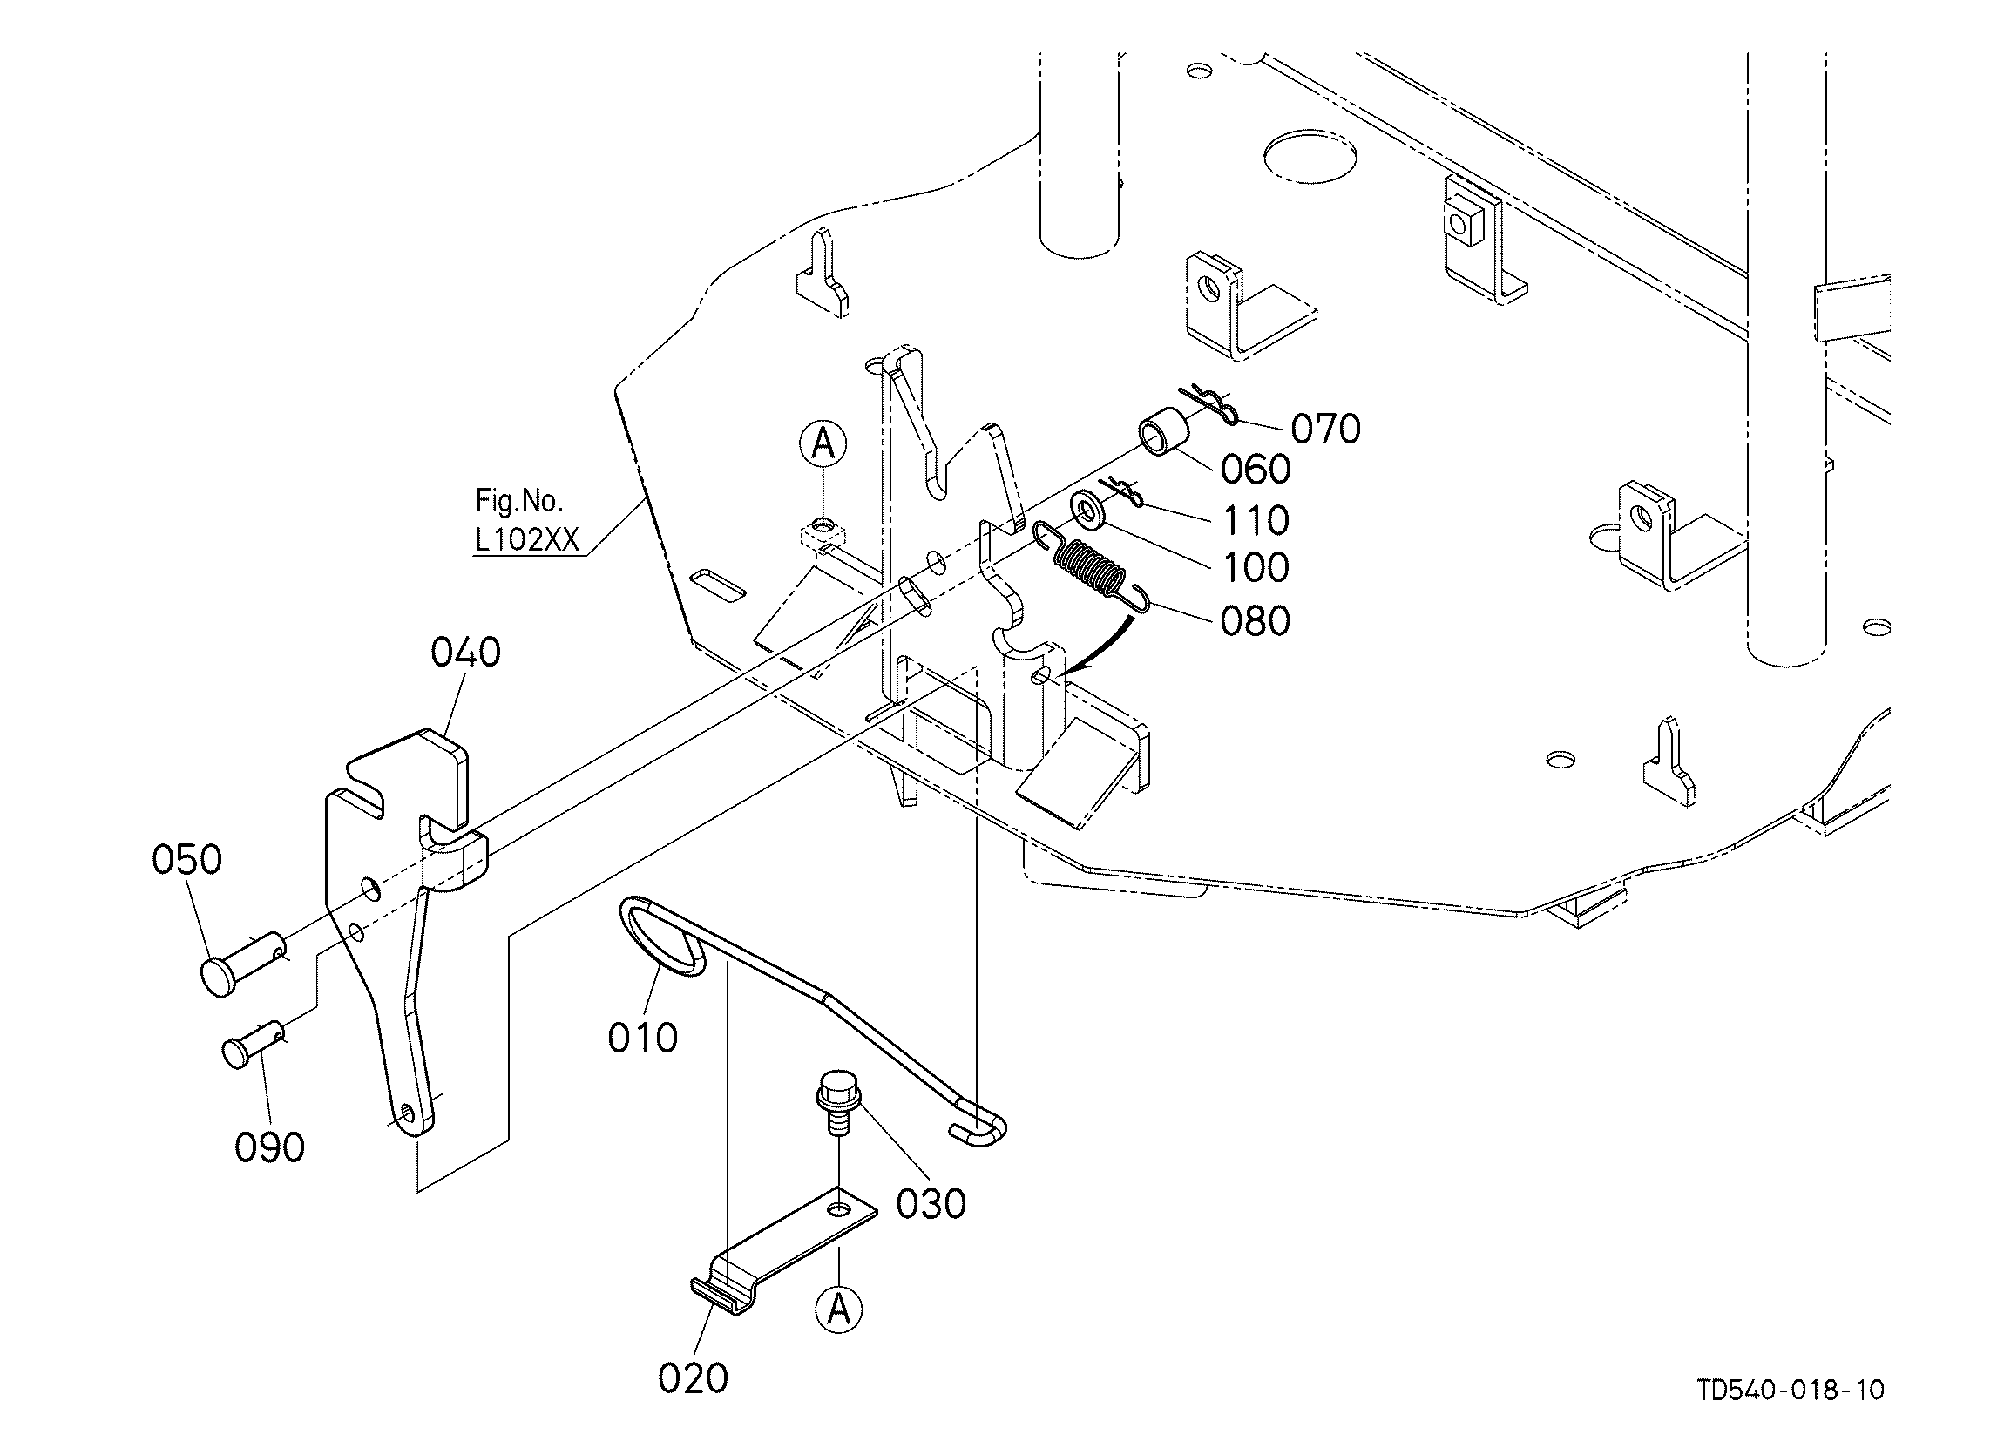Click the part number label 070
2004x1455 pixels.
point(1325,429)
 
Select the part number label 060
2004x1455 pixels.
point(1256,469)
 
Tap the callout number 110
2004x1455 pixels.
point(1256,520)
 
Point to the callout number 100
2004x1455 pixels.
point(1256,567)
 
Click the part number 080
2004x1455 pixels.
point(1256,621)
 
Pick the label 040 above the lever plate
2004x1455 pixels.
point(465,652)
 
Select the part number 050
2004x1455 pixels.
point(187,859)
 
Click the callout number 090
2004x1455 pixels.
point(269,1147)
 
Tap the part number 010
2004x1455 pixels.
point(643,1037)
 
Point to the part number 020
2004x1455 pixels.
point(694,1377)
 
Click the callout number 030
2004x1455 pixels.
point(931,1203)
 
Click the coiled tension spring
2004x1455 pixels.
point(1093,567)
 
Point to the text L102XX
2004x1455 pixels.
point(527,539)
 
